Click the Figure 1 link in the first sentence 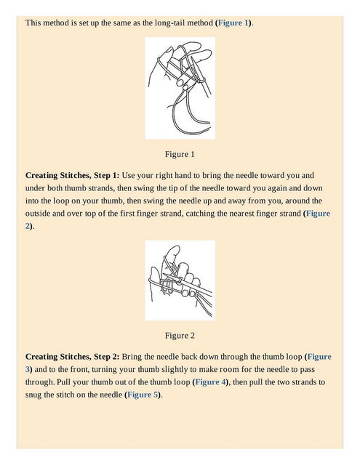(233, 23)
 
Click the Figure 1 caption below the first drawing (180, 154)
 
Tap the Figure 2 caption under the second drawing (180, 336)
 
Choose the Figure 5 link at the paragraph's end (143, 395)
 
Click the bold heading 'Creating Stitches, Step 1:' (73, 175)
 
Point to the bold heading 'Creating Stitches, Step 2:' (73, 357)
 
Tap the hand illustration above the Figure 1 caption (180, 88)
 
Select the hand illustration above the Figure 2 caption (180, 280)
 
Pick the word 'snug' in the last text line (33, 395)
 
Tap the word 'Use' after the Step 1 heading (129, 175)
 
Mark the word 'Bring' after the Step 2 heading (132, 357)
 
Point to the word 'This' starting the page (33, 23)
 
